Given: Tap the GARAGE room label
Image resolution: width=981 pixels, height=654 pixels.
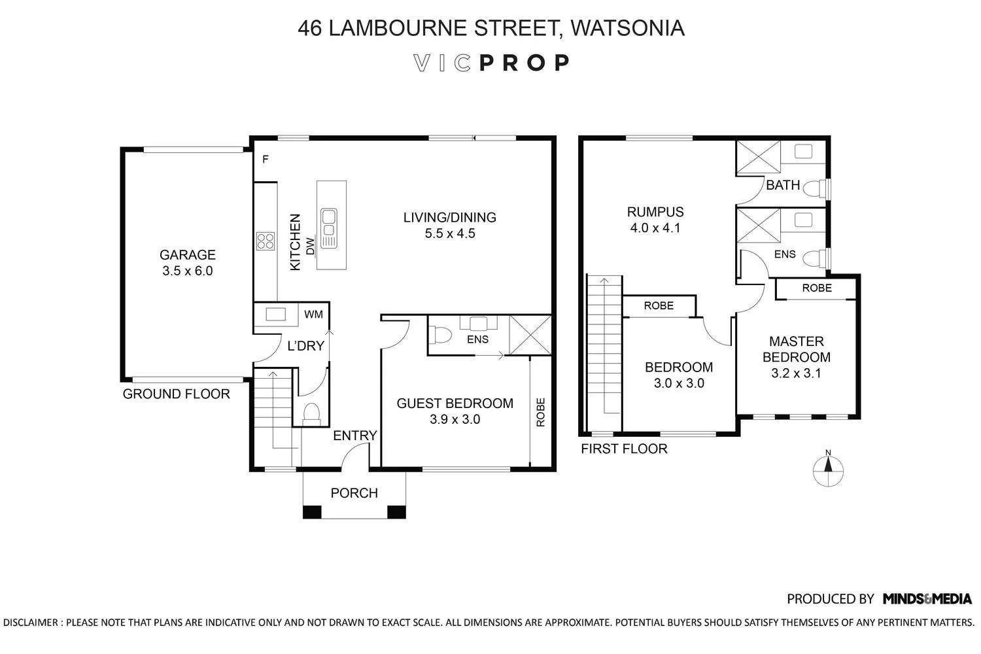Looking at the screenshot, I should (x=188, y=255).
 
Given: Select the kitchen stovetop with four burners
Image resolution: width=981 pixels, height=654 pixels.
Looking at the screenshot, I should (x=266, y=241).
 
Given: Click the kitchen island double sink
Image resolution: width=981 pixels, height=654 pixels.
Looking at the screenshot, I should (x=328, y=222).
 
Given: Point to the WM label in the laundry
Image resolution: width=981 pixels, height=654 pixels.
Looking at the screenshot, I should (x=314, y=315).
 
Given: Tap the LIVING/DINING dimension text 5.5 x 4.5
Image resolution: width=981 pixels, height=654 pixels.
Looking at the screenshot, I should (x=450, y=233).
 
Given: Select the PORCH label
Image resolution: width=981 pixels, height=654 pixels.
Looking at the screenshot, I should (x=354, y=493).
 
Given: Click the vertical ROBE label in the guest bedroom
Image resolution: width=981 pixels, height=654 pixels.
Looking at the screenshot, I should (x=541, y=413).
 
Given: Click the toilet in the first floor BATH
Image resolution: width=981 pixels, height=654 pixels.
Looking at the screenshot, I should (x=813, y=189).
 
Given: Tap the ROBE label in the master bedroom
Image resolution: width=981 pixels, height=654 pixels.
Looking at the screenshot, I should (x=817, y=288).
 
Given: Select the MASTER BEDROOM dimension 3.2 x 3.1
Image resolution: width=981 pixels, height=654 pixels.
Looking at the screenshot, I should (x=796, y=373).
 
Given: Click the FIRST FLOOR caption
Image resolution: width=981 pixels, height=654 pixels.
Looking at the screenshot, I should (x=624, y=449).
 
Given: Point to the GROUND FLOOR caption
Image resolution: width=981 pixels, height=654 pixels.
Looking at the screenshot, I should (x=177, y=394).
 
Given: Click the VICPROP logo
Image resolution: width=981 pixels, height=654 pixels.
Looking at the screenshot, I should (x=492, y=63).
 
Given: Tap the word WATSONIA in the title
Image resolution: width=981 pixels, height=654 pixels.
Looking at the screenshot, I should (x=627, y=28).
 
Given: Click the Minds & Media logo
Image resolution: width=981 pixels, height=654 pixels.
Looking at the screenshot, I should (x=927, y=598).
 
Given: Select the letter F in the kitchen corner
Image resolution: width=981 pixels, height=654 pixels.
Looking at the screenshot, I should (x=265, y=159).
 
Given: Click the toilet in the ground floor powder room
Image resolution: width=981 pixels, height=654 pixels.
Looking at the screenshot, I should (x=311, y=413).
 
